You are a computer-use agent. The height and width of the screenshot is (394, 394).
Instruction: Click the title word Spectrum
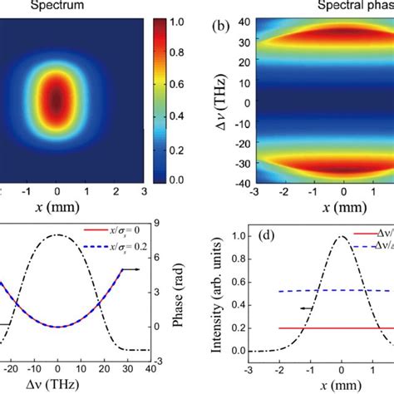(52, 5)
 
